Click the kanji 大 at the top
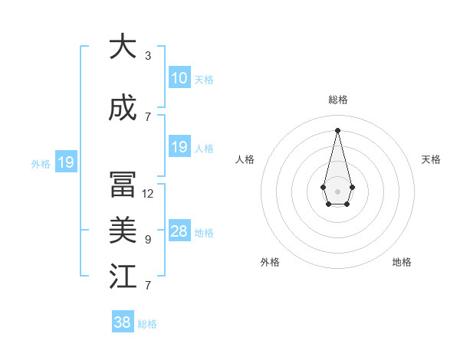point(123,47)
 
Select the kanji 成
point(123,108)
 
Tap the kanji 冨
point(123,185)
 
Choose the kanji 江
point(123,277)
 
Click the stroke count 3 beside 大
point(148,56)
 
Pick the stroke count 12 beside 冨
point(148,194)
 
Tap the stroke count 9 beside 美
point(148,240)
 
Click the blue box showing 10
point(179,78)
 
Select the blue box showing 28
point(179,231)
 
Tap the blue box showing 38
point(123,322)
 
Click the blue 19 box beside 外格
point(65,162)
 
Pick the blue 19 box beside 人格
point(179,147)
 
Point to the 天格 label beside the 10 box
point(204,79)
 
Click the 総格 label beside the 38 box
point(147,324)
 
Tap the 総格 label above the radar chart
point(337,100)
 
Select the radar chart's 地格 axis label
point(402,262)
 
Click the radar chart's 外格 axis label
point(270,262)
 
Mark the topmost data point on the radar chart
point(337,129)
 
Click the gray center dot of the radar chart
point(337,190)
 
